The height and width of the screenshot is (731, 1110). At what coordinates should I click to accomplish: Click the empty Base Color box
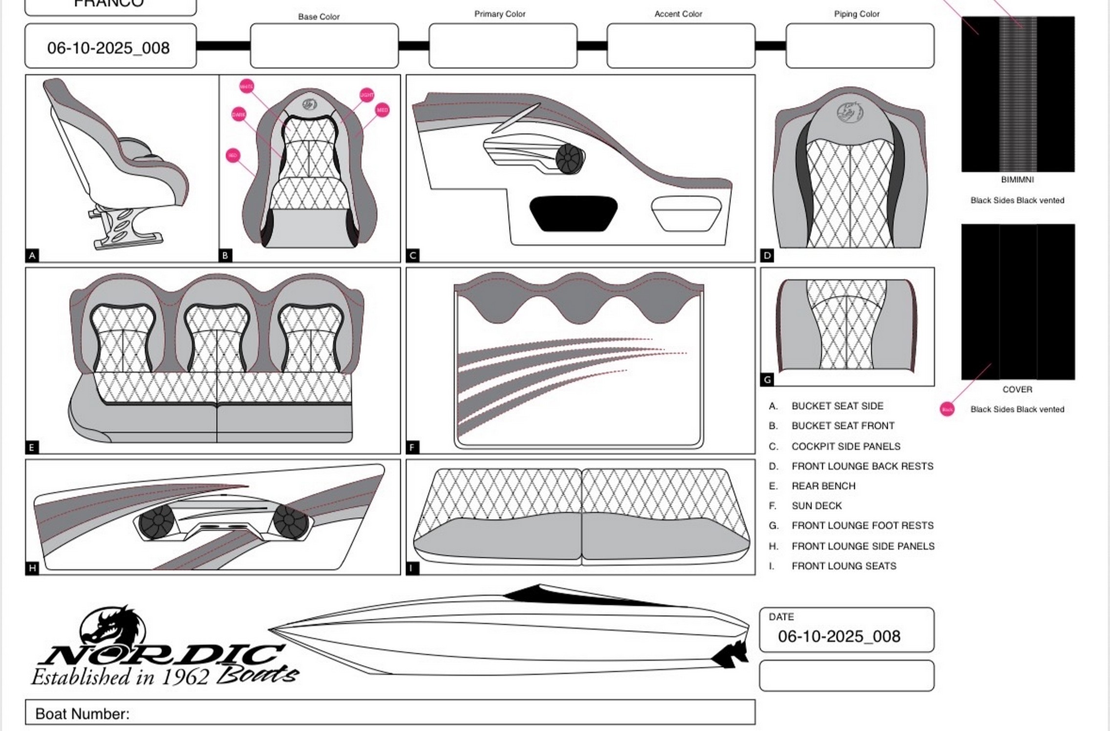coord(324,45)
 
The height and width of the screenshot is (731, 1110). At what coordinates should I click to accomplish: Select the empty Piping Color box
coord(859,45)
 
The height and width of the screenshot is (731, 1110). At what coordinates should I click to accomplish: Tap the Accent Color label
coord(678,14)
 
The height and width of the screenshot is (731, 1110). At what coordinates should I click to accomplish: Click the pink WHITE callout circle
coord(246,86)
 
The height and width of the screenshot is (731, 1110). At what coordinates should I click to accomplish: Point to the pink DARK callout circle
coord(238,115)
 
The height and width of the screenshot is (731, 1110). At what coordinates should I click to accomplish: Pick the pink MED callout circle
coord(382,110)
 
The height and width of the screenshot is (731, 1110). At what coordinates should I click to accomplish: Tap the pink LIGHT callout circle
coord(366,95)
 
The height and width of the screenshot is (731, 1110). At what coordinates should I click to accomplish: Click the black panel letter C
coord(413,255)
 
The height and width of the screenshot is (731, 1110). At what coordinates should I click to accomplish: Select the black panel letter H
coord(32,568)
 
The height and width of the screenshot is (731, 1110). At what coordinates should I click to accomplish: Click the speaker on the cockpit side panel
coord(570,159)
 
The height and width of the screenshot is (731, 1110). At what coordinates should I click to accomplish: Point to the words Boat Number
coord(82,714)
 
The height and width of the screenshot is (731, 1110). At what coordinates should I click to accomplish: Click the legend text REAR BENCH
coord(823,486)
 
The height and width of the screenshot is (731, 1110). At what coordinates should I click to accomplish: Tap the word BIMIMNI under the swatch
coord(1017,180)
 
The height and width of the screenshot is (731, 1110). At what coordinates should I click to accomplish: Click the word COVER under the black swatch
coord(1017,390)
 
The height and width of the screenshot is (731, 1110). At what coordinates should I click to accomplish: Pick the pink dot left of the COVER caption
coord(947,409)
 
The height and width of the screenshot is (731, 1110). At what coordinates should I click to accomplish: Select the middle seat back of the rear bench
coord(216,337)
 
